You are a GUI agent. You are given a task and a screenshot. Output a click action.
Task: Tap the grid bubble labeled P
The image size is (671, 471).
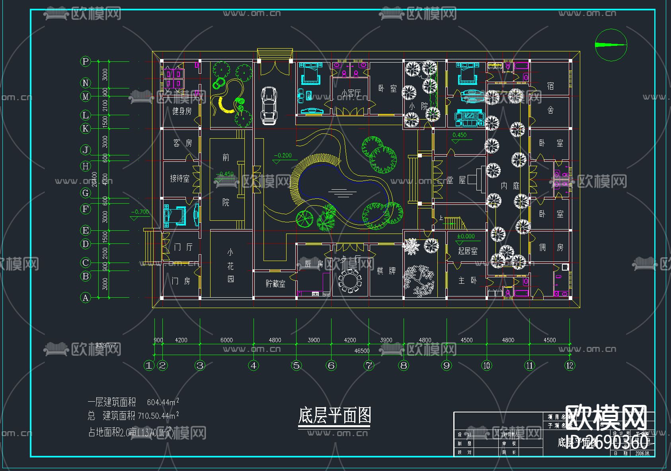click(x=85, y=61)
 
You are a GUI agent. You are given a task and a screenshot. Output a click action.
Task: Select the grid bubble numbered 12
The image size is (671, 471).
click(x=570, y=365)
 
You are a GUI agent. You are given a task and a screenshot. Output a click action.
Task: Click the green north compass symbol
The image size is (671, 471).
click(x=611, y=45)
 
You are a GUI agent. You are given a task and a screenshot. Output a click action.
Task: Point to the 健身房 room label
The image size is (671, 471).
click(x=181, y=111)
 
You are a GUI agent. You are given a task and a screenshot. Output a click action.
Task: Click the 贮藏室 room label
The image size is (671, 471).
click(x=275, y=284)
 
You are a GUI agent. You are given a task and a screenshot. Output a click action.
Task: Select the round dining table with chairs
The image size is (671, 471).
click(x=350, y=281)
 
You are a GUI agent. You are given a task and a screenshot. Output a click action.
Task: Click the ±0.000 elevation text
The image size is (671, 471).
click(x=466, y=236)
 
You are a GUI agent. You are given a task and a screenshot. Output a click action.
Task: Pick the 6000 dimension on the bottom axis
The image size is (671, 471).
click(x=226, y=340)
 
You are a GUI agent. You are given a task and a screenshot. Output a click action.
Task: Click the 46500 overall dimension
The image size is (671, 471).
click(x=362, y=351)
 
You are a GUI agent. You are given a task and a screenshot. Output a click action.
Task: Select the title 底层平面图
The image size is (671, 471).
click(x=334, y=416)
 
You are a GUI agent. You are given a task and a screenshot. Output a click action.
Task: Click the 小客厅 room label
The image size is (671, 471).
click(x=351, y=93)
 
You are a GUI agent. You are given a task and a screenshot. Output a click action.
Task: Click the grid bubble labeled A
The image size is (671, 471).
click(x=85, y=298)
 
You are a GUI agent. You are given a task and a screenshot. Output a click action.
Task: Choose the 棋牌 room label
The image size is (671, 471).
click(x=386, y=271)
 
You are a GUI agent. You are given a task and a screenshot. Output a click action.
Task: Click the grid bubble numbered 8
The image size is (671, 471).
click(x=404, y=365)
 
